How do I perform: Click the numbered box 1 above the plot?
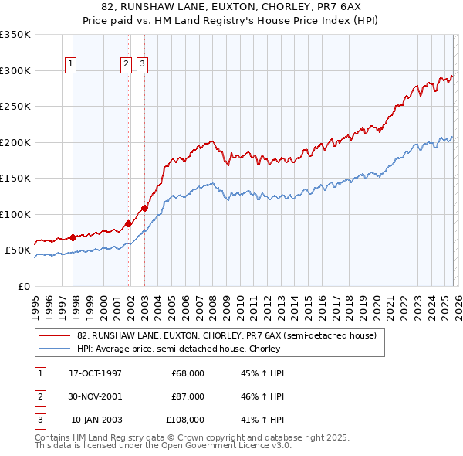click(x=71, y=65)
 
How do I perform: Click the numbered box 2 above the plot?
click(x=126, y=65)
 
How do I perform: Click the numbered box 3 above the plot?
click(x=143, y=65)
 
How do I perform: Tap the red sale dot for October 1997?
click(x=73, y=237)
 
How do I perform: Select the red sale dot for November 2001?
click(x=129, y=223)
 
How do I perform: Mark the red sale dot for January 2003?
click(x=144, y=208)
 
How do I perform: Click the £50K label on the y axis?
click(x=18, y=250)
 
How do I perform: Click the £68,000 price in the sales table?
click(x=188, y=373)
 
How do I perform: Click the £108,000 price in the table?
click(x=185, y=420)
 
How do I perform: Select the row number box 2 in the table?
click(x=39, y=396)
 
